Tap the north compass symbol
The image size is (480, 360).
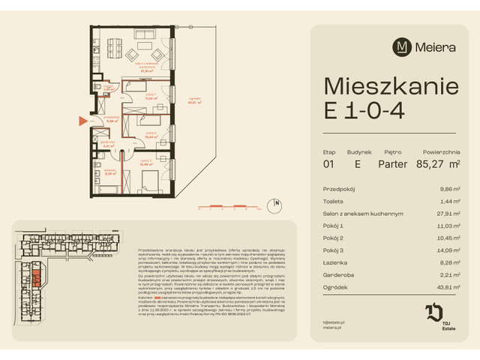277,202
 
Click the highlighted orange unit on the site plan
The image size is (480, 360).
35,280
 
